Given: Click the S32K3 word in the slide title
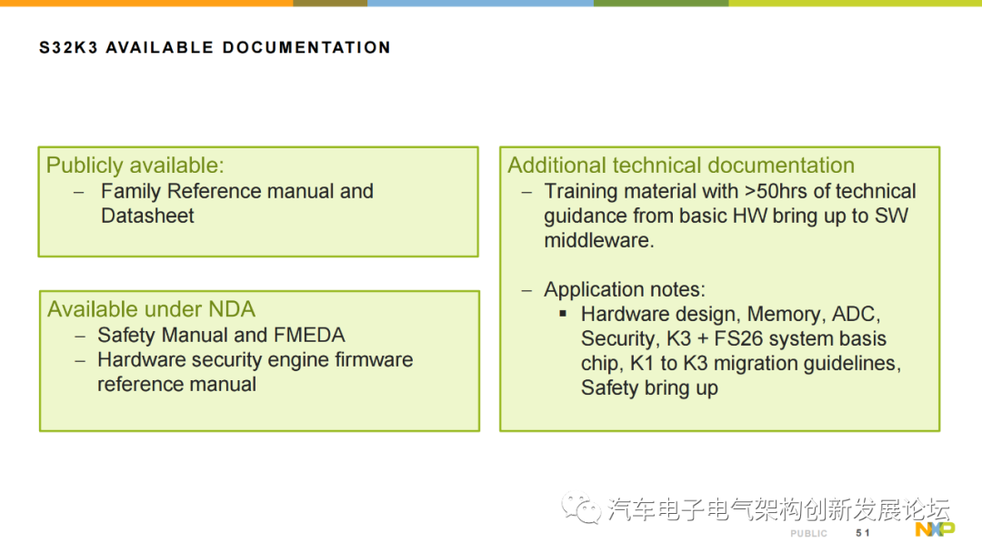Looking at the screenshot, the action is pyautogui.click(x=68, y=47).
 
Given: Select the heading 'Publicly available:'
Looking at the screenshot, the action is pyautogui.click(x=135, y=166).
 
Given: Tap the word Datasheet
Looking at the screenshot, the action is pyautogui.click(x=147, y=216).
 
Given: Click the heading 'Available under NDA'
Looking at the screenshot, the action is pyautogui.click(x=151, y=309).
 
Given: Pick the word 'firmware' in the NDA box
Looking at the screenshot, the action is pyautogui.click(x=374, y=359).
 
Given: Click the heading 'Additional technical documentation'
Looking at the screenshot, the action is pyautogui.click(x=681, y=166).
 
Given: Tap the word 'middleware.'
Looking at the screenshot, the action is pyautogui.click(x=598, y=240).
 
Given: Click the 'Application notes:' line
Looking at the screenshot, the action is pyautogui.click(x=625, y=289).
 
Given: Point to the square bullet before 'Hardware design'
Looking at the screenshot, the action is pyautogui.click(x=563, y=314).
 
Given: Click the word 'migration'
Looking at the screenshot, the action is pyautogui.click(x=753, y=363).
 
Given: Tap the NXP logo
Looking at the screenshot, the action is pyautogui.click(x=935, y=529).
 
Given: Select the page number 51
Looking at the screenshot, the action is pyautogui.click(x=862, y=533).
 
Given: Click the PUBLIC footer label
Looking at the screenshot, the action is pyautogui.click(x=808, y=534).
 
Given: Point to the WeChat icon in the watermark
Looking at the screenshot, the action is pyautogui.click(x=580, y=508).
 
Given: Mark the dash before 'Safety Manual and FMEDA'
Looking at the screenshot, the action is pyautogui.click(x=79, y=337).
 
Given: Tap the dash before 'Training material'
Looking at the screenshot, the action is pyautogui.click(x=526, y=192).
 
